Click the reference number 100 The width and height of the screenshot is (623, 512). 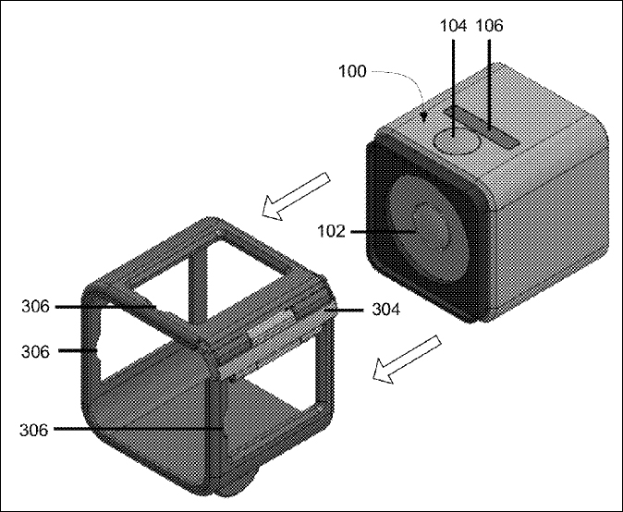[352, 71]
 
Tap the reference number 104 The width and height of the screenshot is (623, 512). [453, 26]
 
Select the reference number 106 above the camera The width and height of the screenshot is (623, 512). [489, 26]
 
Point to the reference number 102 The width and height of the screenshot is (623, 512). [331, 231]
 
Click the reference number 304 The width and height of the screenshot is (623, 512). [385, 309]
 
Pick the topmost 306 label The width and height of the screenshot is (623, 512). [36, 307]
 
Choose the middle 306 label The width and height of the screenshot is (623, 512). [36, 351]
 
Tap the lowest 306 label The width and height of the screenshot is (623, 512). [34, 430]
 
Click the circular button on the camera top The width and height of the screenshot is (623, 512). [456, 140]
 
